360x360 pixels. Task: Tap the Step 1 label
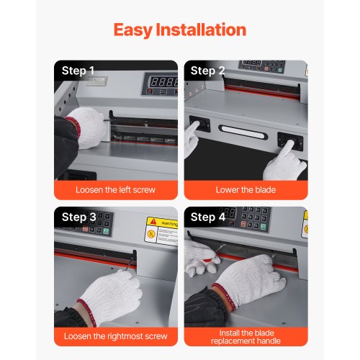pos(78,71)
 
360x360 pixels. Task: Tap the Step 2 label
pos(207,71)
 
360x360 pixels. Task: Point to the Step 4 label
pos(207,217)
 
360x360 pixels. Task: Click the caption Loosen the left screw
pos(115,190)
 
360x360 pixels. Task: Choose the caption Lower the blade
pos(245,190)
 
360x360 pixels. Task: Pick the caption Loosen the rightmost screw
pos(115,336)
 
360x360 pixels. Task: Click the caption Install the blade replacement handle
pos(245,336)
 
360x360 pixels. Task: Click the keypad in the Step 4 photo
pos(256,216)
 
